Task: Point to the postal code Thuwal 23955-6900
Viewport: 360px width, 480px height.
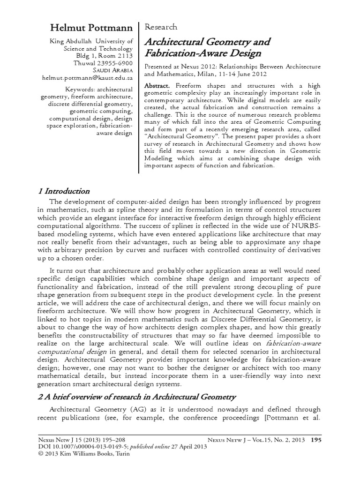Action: pos(103,62)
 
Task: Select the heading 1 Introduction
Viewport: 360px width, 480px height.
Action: pos(63,191)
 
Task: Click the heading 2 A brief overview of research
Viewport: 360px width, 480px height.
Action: pos(136,397)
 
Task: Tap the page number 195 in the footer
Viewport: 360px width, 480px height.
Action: pos(316,440)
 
